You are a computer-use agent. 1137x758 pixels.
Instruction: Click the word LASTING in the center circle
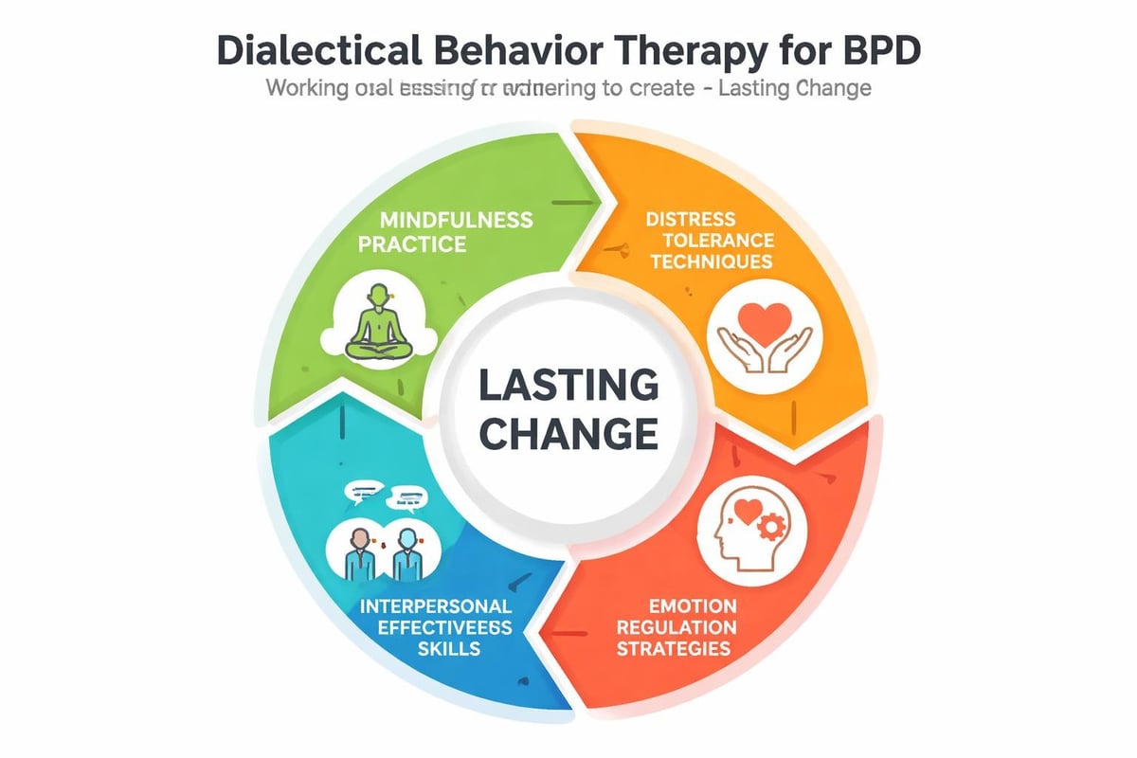click(568, 387)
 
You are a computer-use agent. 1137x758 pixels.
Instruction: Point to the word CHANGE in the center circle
click(568, 433)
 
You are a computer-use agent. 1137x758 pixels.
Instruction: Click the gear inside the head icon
click(773, 524)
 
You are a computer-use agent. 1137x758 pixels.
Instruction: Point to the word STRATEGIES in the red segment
click(673, 649)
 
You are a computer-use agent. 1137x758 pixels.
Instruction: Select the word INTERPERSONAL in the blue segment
click(437, 605)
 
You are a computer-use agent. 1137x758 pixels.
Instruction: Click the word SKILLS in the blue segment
click(448, 649)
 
